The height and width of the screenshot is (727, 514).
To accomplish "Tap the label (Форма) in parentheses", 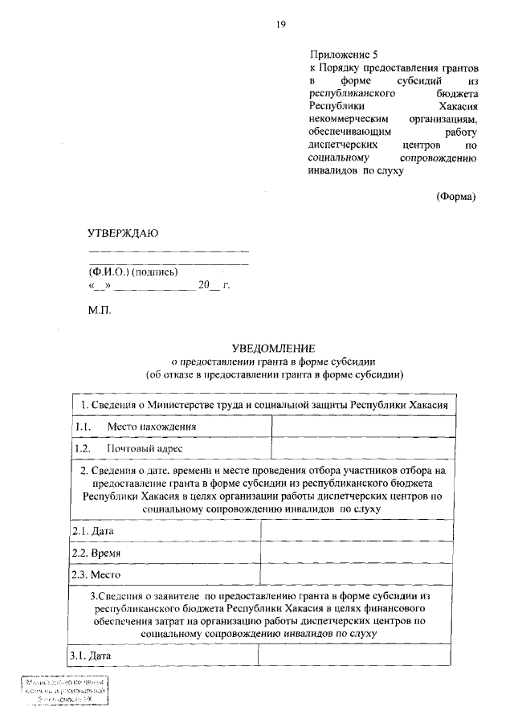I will tap(456, 196).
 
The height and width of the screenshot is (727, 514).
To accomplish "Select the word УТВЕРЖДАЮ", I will tap(123, 233).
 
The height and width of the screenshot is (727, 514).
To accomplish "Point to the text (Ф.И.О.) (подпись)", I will tap(133, 272).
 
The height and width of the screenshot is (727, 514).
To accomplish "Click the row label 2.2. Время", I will tap(92, 553).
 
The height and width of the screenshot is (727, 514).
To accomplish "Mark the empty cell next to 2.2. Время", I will tap(362, 553).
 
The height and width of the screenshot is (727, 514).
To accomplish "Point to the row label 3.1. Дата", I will tap(88, 656).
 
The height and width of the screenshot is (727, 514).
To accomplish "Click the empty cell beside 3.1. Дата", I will tap(361, 656).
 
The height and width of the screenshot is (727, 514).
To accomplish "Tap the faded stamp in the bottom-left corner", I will tap(64, 691).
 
